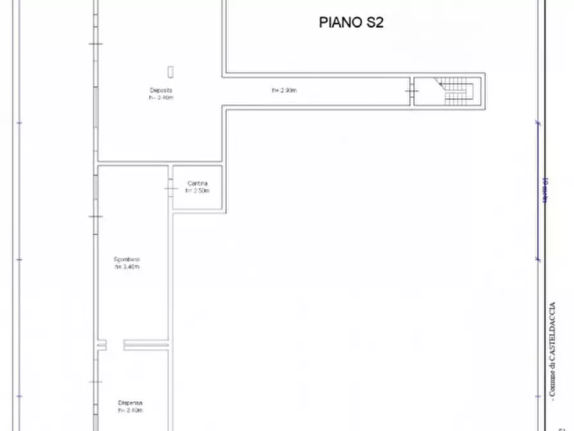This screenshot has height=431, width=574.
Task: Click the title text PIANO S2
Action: tap(352, 23)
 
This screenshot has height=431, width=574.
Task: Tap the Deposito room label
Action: tap(161, 90)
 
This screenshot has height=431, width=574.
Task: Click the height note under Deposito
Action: tap(161, 98)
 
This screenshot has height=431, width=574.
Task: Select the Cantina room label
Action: tap(197, 184)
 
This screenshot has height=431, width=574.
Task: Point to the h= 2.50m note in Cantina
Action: tap(197, 191)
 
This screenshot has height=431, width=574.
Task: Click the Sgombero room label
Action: tap(127, 259)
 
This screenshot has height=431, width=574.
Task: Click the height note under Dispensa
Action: tap(130, 410)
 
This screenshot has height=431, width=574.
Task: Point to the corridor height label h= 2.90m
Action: tap(284, 91)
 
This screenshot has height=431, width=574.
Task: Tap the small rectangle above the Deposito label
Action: tap(171, 71)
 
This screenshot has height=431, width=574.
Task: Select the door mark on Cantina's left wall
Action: tap(171, 188)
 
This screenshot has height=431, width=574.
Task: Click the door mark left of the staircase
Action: tap(411, 92)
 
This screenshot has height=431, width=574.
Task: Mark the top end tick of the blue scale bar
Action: tap(539, 122)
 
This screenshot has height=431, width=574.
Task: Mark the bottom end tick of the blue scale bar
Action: tap(539, 259)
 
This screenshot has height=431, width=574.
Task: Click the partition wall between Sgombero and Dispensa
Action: tap(146, 345)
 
